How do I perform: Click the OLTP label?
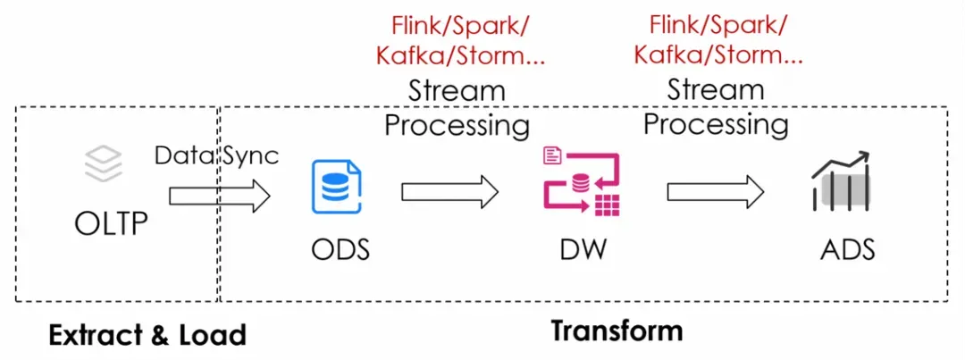[111, 221]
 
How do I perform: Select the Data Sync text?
[217, 155]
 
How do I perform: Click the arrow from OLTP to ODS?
[219, 195]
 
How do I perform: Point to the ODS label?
[340, 249]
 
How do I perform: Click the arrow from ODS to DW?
[449, 189]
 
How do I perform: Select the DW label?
[583, 249]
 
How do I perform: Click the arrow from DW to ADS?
[715, 189]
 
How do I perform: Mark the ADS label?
[847, 249]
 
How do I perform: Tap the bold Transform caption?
[617, 331]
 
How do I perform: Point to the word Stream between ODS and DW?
[457, 90]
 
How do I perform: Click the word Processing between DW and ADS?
[716, 123]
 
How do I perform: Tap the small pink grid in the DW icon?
[608, 204]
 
